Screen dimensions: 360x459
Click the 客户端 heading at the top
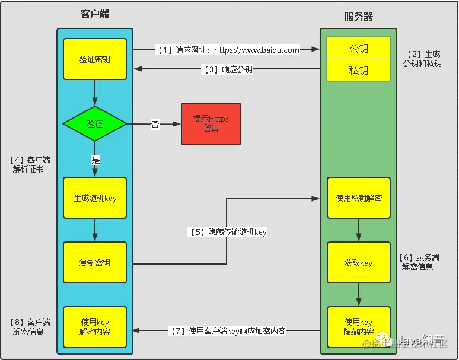tap(94, 14)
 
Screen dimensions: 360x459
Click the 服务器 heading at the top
tap(359, 17)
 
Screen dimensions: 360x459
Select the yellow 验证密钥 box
tap(95, 59)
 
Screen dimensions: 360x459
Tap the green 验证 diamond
tap(95, 124)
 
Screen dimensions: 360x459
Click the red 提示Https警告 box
tap(211, 124)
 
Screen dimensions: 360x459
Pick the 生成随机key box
tap(95, 198)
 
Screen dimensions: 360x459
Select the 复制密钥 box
tap(95, 262)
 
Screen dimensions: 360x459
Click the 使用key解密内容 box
tap(95, 327)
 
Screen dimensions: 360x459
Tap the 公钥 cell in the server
tap(359, 49)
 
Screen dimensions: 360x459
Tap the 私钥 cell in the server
tap(359, 70)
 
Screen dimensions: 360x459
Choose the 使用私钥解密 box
tap(359, 198)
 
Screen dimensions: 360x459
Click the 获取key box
tap(359, 262)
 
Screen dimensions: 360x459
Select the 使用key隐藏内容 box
tap(359, 327)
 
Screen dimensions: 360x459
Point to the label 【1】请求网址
tap(228, 50)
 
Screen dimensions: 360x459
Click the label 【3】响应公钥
tap(228, 69)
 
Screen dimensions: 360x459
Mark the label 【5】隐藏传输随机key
tap(228, 232)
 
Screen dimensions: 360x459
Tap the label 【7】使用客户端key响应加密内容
tap(228, 331)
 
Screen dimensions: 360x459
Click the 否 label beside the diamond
tap(155, 125)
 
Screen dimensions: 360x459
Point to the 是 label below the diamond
tap(95, 159)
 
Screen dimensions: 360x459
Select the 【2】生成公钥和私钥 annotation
tap(422, 59)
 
